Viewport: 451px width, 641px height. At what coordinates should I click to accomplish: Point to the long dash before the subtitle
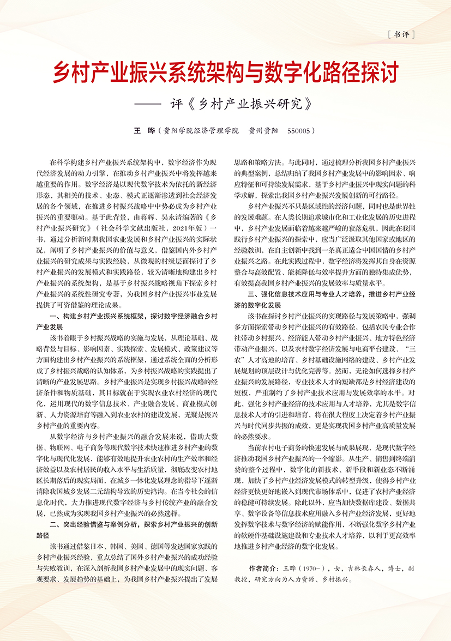click(148, 104)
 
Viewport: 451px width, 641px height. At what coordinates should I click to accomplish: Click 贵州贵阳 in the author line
click(264, 131)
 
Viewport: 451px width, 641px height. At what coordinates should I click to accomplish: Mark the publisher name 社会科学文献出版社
click(141, 226)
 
